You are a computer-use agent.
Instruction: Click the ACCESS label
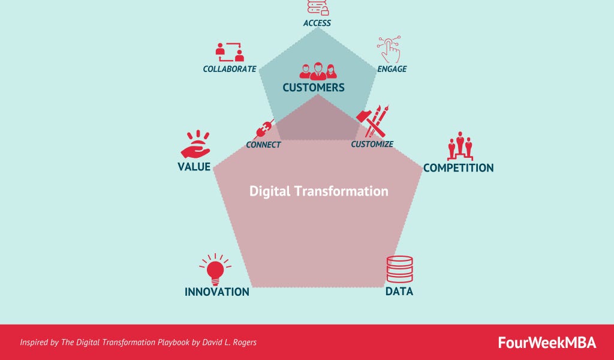click(x=317, y=23)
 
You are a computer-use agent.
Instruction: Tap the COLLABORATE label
click(x=230, y=69)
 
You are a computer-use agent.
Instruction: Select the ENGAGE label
click(x=392, y=69)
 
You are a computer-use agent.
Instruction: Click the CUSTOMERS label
click(x=314, y=88)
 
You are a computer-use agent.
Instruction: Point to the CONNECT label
click(x=263, y=145)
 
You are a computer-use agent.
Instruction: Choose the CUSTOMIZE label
click(x=372, y=144)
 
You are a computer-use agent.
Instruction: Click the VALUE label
click(x=194, y=167)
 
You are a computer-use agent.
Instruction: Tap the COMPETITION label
click(x=458, y=168)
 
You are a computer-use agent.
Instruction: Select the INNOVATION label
click(x=216, y=292)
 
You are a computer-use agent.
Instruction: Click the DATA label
click(x=399, y=292)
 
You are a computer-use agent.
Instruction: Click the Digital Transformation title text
click(x=318, y=191)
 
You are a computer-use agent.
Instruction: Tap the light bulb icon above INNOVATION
click(x=215, y=268)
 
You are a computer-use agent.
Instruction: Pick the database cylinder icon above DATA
click(x=399, y=269)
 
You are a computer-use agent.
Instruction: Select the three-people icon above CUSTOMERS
click(x=318, y=71)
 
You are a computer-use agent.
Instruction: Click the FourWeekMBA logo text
click(x=547, y=343)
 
